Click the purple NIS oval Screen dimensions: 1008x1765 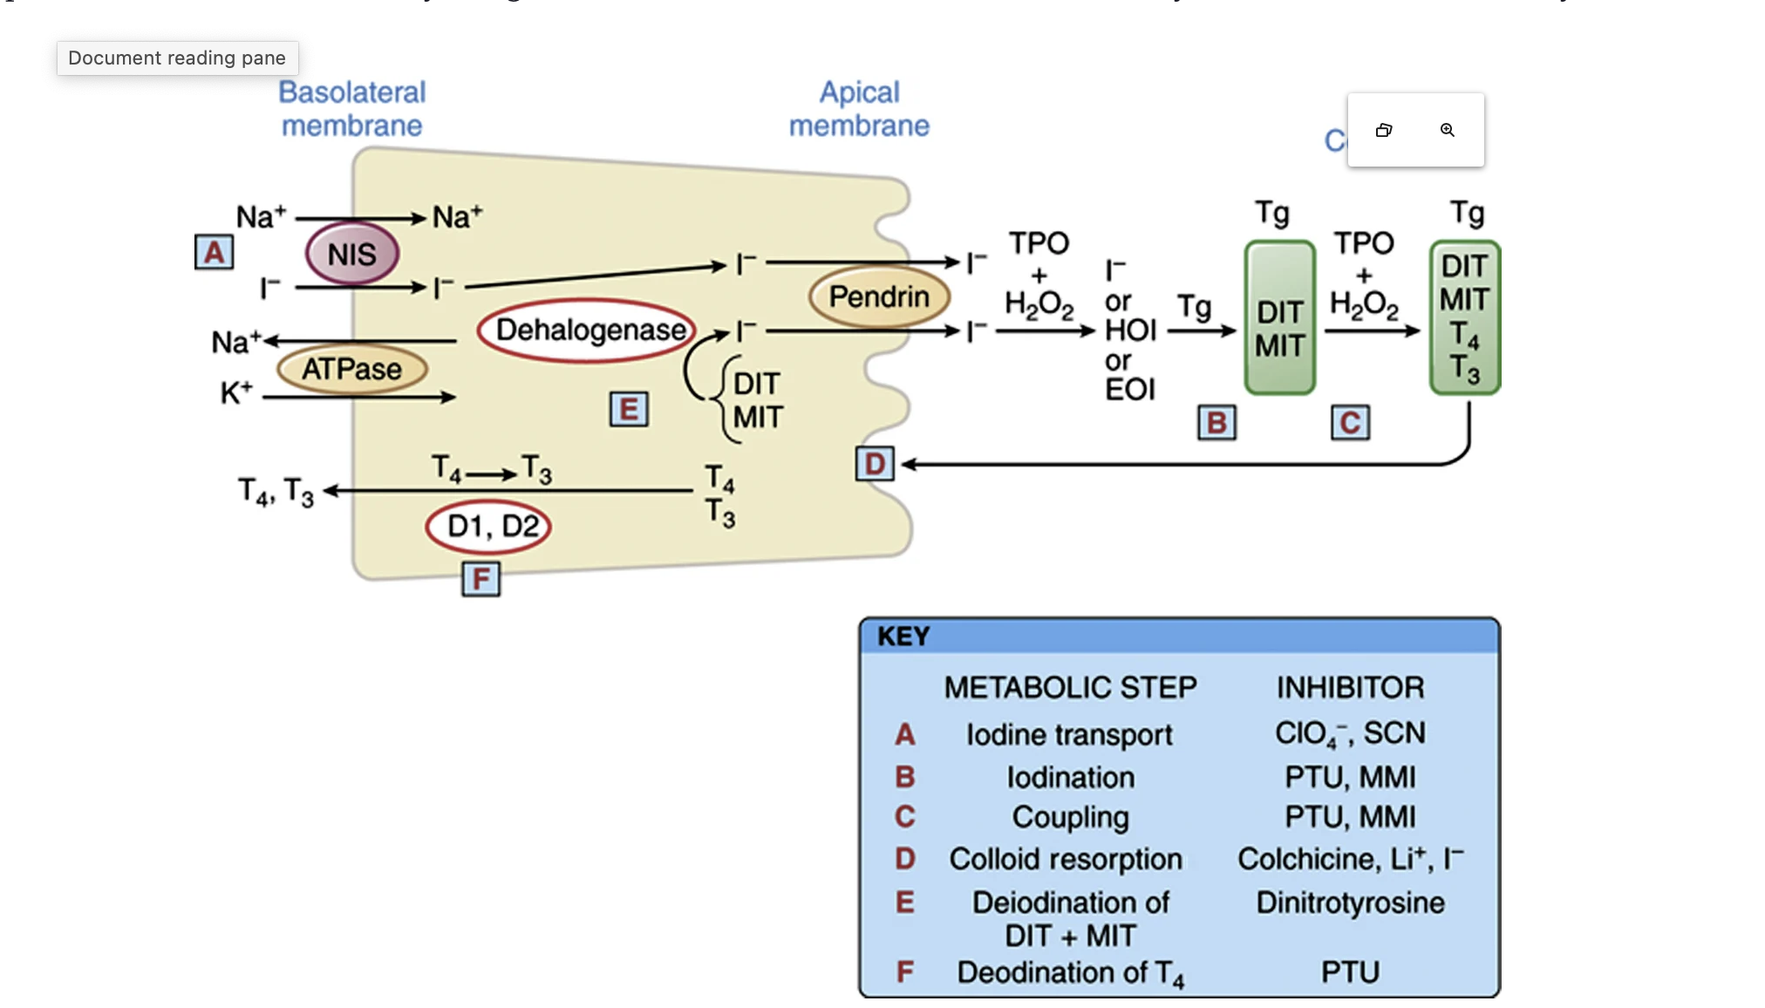click(x=352, y=254)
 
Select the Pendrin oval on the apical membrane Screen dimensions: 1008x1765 click(x=879, y=297)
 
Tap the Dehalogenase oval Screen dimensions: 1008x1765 click(x=588, y=330)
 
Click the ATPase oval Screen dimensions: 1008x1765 click(x=351, y=369)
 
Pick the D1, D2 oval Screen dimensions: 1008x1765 click(x=490, y=527)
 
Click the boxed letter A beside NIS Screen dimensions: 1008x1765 click(x=214, y=253)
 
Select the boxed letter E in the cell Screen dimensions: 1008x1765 click(x=629, y=409)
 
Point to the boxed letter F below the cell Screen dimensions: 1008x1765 click(x=480, y=579)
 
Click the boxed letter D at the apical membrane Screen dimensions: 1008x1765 click(x=876, y=464)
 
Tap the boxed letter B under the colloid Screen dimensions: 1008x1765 click(x=1216, y=423)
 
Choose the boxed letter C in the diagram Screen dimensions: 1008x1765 click(x=1350, y=423)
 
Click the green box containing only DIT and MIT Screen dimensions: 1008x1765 click(x=1279, y=318)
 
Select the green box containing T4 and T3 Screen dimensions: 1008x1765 click(x=1465, y=318)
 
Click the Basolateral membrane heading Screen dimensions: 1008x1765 click(x=351, y=109)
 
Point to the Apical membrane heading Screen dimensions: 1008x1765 click(x=859, y=109)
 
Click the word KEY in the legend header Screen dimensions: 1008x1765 click(x=903, y=637)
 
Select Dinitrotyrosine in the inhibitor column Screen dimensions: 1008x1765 click(x=1350, y=902)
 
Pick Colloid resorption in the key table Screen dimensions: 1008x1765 click(x=1066, y=859)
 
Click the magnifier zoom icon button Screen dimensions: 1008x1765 click(x=1448, y=130)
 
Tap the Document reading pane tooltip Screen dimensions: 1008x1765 click(x=177, y=58)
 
